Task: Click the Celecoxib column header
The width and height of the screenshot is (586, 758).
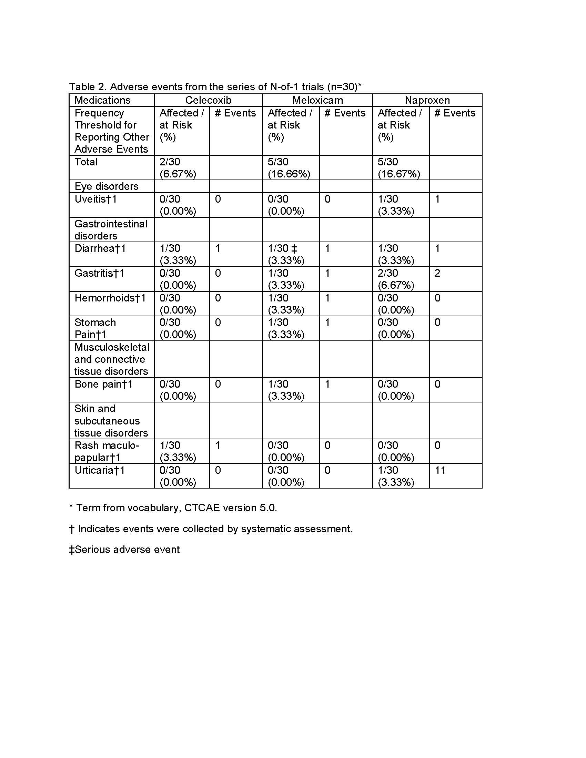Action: coord(208,100)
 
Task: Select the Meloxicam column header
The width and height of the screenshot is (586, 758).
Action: coord(317,100)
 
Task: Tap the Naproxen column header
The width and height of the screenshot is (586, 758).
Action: coord(427,100)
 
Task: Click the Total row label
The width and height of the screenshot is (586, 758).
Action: coord(86,162)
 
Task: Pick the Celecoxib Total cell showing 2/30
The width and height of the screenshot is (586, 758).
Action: coord(178,168)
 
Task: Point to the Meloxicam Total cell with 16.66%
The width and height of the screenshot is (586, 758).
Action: coord(289,168)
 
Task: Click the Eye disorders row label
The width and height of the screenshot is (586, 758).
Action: coord(106,186)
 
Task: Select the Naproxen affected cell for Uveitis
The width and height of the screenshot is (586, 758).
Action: coord(396,205)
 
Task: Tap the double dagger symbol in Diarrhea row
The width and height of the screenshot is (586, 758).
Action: coord(294,248)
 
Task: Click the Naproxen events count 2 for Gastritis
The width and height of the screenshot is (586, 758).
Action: coord(437,273)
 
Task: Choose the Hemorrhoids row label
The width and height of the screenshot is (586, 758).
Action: coord(110,298)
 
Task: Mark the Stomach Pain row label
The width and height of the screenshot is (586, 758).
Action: coord(95,328)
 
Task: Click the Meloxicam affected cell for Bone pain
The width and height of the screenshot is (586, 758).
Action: coord(286,390)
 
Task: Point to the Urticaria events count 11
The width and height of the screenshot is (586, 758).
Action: coord(440,470)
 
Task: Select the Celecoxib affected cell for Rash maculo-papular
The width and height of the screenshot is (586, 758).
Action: coord(178,451)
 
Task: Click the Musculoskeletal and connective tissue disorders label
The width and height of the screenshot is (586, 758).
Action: coord(111,359)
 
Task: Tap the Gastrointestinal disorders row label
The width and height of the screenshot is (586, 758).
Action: coord(111,230)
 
